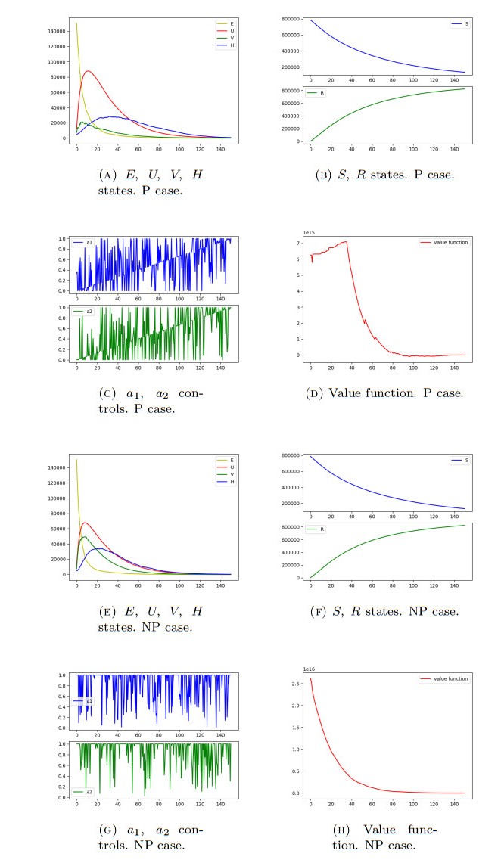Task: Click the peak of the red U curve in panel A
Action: [x=88, y=71]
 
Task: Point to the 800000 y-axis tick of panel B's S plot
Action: [x=294, y=20]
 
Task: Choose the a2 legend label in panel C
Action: [x=89, y=310]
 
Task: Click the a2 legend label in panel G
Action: [x=89, y=792]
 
